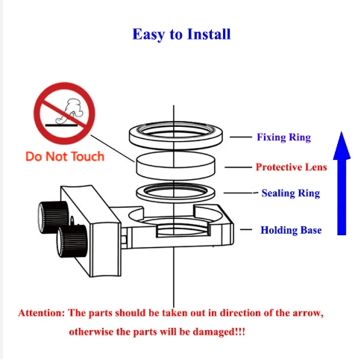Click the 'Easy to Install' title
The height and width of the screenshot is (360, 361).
point(181,34)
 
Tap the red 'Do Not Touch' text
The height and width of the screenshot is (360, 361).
point(65,157)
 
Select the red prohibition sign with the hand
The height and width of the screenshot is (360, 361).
point(64,114)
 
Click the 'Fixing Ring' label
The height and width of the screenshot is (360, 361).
point(283,137)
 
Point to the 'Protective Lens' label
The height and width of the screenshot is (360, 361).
point(291,167)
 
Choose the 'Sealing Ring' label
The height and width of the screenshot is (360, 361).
point(291,193)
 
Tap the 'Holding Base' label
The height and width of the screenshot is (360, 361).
point(291,230)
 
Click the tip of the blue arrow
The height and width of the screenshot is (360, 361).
point(342,131)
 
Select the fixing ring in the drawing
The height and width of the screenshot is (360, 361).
point(131,136)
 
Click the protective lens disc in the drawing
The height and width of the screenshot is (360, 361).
point(175,166)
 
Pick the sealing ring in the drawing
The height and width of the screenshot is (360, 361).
point(140,193)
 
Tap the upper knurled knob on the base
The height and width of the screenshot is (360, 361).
point(53,217)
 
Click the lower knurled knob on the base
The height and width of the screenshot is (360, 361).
point(72,241)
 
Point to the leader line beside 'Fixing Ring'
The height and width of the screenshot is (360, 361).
point(241,137)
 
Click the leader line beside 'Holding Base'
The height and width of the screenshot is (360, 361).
point(246,229)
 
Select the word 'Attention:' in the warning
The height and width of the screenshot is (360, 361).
point(42,313)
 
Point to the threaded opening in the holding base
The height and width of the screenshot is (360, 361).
point(183,230)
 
